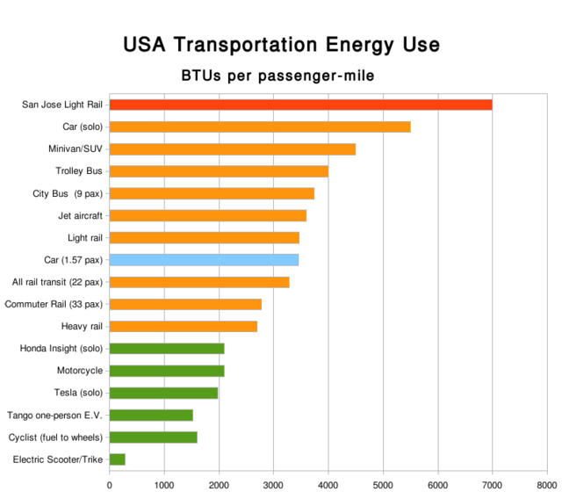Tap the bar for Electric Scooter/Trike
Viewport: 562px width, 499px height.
point(118,459)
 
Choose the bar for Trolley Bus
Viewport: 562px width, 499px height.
point(219,171)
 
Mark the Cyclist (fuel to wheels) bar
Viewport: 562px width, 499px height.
point(153,437)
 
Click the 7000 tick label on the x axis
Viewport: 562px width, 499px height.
point(492,484)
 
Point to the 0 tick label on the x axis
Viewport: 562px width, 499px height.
point(110,484)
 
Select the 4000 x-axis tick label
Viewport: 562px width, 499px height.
point(328,484)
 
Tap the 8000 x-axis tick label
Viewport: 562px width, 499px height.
point(546,484)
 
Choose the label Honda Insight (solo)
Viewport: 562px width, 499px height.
point(61,349)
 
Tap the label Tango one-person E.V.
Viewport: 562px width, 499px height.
point(55,415)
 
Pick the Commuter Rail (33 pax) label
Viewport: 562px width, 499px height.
point(54,304)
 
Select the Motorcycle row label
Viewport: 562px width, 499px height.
point(80,371)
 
